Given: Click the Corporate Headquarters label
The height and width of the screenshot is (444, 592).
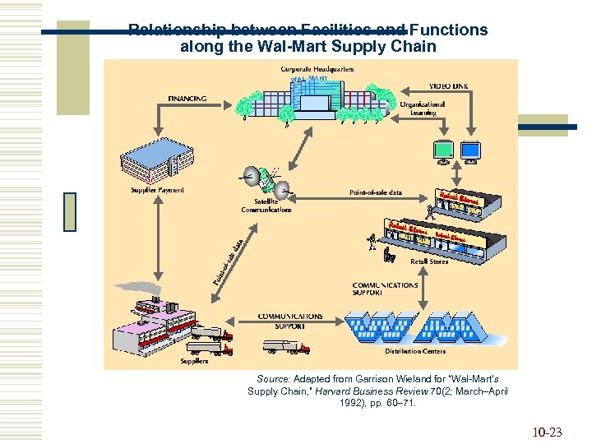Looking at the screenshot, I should [x=317, y=69].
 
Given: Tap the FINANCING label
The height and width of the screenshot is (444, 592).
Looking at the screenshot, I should [x=187, y=99].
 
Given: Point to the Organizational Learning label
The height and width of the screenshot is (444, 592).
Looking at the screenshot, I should [x=423, y=109].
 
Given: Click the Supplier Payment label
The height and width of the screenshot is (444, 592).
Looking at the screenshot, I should [x=158, y=190].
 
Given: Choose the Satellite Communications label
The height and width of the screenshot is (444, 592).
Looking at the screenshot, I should [x=266, y=206].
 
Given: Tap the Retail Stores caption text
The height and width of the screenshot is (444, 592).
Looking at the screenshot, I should [x=429, y=261].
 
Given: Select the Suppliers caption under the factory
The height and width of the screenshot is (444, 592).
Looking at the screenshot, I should [x=194, y=360].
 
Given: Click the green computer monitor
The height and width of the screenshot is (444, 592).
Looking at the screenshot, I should [x=443, y=150].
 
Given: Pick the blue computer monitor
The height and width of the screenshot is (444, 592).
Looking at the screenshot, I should [x=469, y=150].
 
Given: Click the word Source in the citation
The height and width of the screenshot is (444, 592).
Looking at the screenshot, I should [x=275, y=379].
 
